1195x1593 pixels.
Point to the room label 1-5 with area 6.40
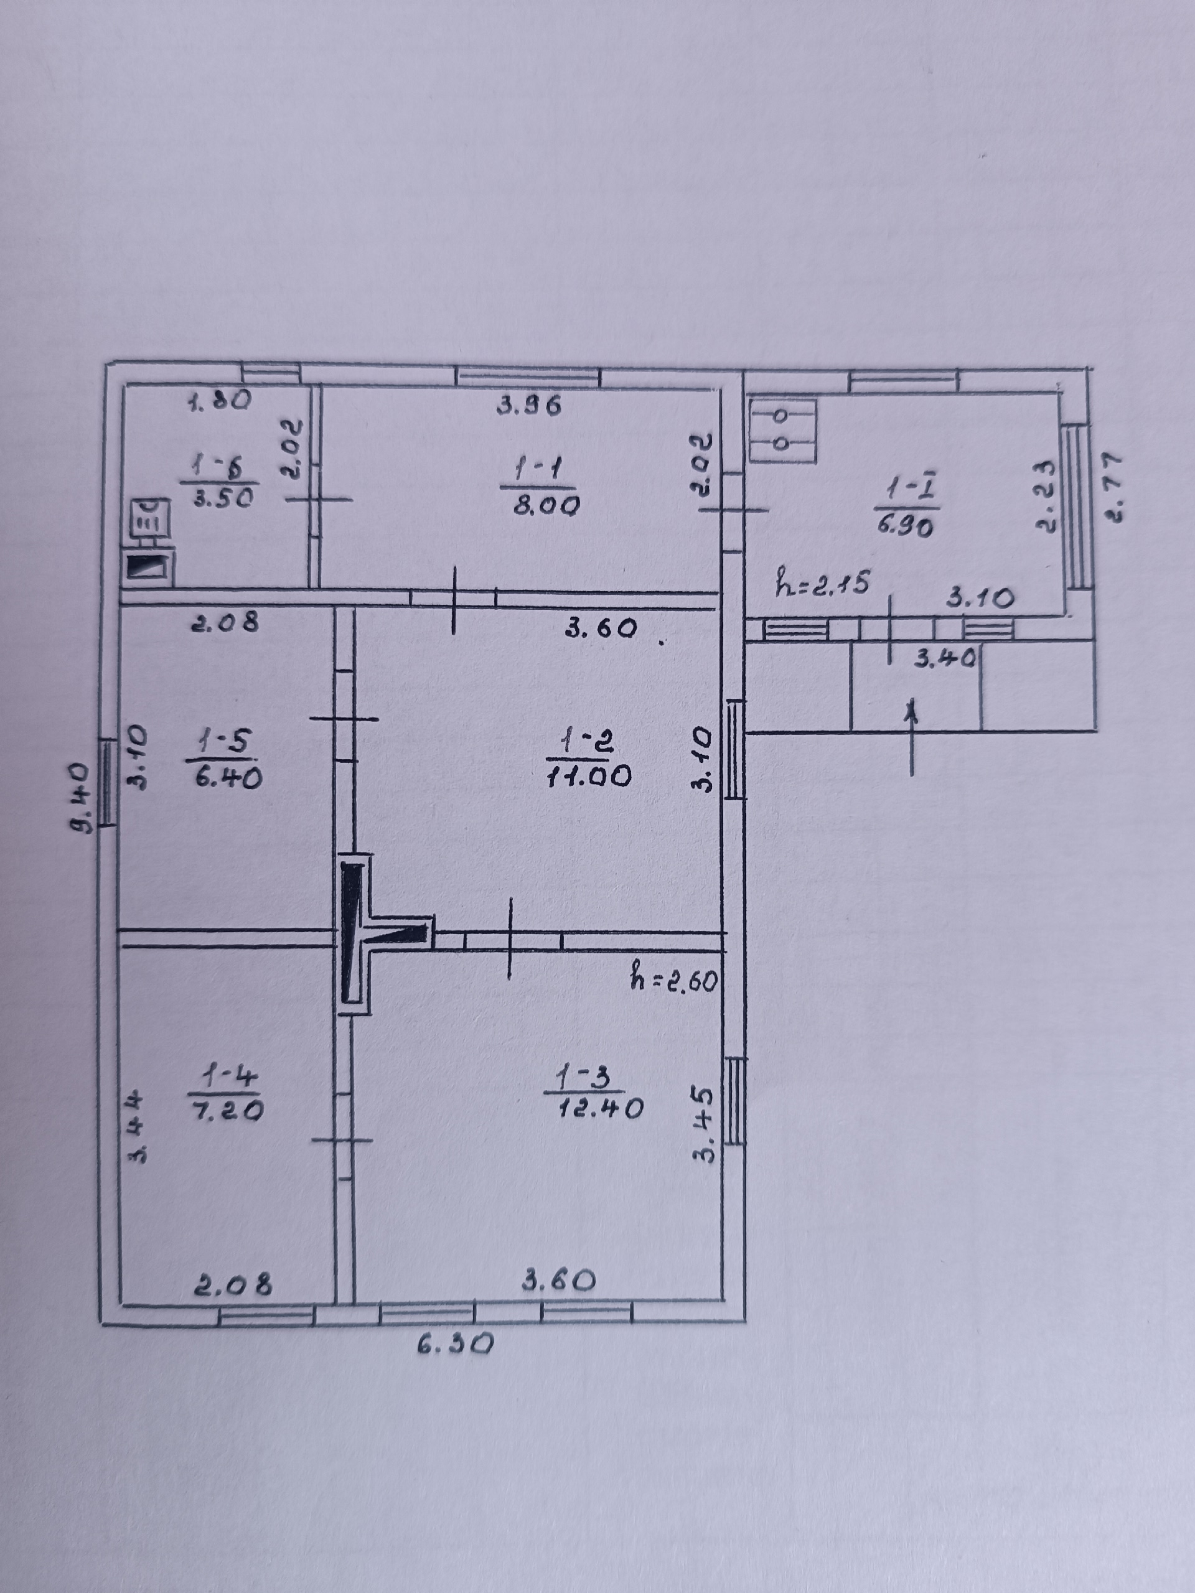pyautogui.click(x=223, y=759)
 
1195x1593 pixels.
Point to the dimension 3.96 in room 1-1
pyautogui.click(x=530, y=406)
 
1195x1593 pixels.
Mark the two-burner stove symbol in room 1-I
pyautogui.click(x=783, y=430)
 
